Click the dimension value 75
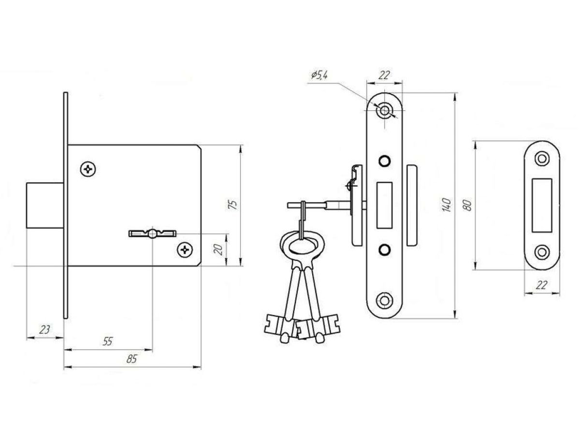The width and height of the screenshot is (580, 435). click(x=233, y=204)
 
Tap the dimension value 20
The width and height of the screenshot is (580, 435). click(x=218, y=249)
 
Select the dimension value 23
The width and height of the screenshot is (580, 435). click(x=44, y=329)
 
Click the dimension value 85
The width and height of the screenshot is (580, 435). click(x=131, y=359)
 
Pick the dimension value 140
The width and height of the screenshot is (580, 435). click(x=446, y=204)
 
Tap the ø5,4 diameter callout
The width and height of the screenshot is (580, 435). click(x=319, y=75)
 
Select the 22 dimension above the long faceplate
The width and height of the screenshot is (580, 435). click(x=384, y=75)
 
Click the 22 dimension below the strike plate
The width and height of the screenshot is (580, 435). click(x=542, y=285)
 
